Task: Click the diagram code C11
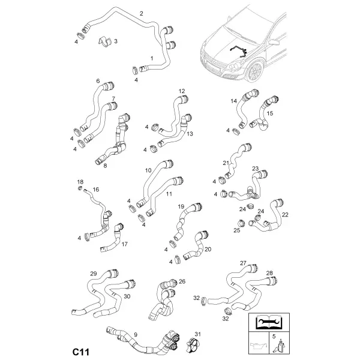(x=81, y=352)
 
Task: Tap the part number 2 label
(x=142, y=14)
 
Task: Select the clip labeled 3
(x=104, y=41)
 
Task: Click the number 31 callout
(x=197, y=334)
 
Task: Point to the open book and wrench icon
(x=269, y=322)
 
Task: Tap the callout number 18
(x=80, y=182)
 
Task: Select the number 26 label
(x=182, y=281)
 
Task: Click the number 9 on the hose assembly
(x=136, y=335)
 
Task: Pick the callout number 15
(x=270, y=113)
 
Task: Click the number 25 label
(x=237, y=230)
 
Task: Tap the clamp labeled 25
(x=241, y=223)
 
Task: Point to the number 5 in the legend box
(x=274, y=337)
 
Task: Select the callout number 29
(x=94, y=274)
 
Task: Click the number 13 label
(x=190, y=134)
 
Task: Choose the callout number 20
(x=208, y=250)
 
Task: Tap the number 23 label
(x=256, y=169)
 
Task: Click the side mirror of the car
(x=272, y=42)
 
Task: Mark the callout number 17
(x=124, y=244)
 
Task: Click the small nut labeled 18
(x=80, y=188)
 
